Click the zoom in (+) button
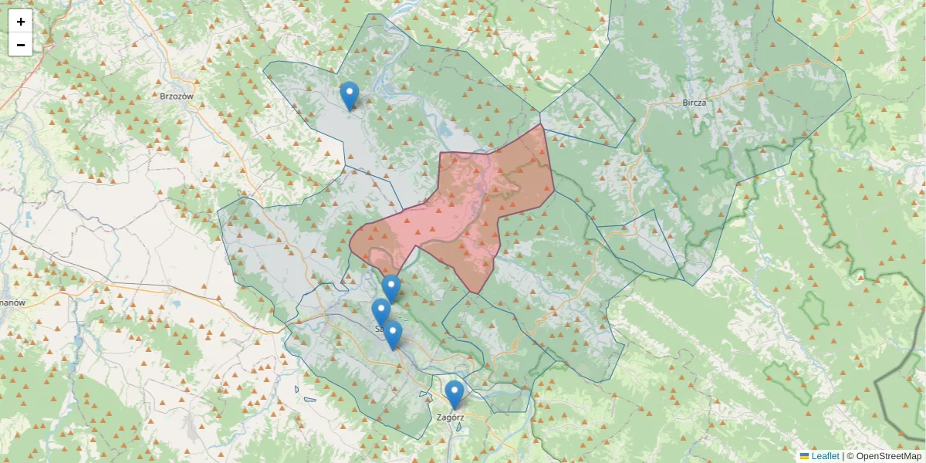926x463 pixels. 21,22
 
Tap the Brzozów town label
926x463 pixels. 176,96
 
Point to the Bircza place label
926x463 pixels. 694,102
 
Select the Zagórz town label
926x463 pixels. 450,417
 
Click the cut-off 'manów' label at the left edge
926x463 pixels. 13,302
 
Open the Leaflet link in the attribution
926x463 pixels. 825,456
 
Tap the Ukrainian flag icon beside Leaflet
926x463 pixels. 805,456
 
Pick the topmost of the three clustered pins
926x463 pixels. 391,288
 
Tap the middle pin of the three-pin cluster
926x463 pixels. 380,312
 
